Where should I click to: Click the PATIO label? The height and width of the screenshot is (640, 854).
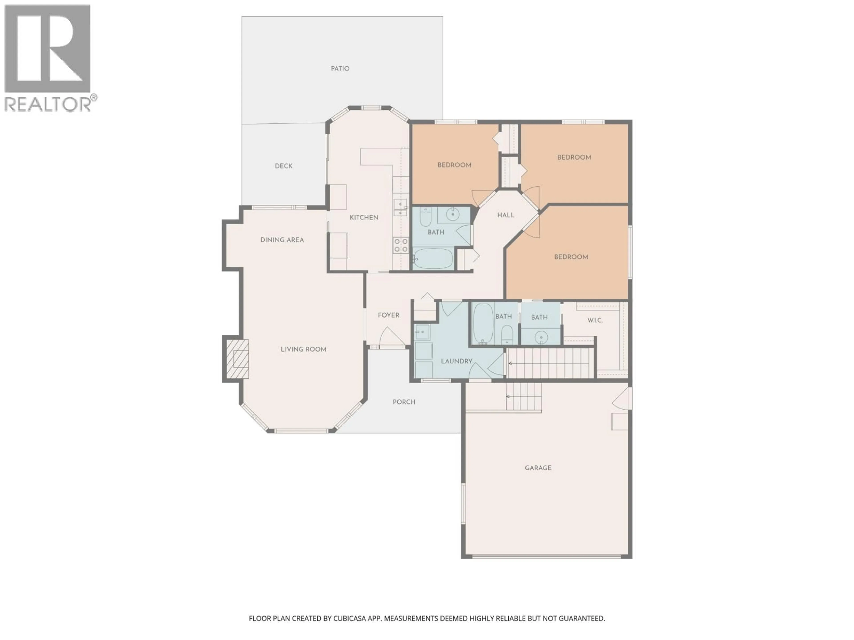tap(340, 69)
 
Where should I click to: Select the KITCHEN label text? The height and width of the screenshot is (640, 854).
tap(364, 218)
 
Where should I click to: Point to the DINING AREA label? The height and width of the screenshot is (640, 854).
tap(282, 240)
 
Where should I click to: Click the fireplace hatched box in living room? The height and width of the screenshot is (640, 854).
tap(237, 359)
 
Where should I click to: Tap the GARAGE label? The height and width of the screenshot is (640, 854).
tap(538, 468)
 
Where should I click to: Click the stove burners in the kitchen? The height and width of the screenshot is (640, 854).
tap(401, 245)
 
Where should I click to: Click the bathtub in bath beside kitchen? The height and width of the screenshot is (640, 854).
tap(432, 258)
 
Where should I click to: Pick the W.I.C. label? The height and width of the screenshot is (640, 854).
tap(594, 320)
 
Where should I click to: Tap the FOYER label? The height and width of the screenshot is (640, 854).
tap(388, 315)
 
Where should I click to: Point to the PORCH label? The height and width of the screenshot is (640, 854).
tap(404, 402)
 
